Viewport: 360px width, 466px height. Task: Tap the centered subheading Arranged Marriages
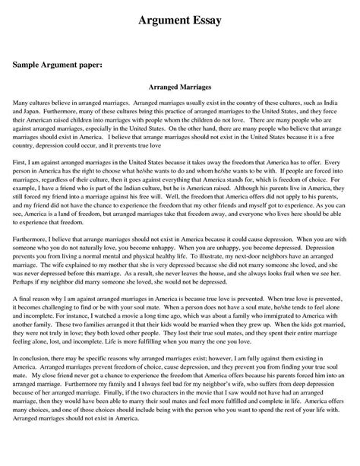(x=180, y=88)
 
